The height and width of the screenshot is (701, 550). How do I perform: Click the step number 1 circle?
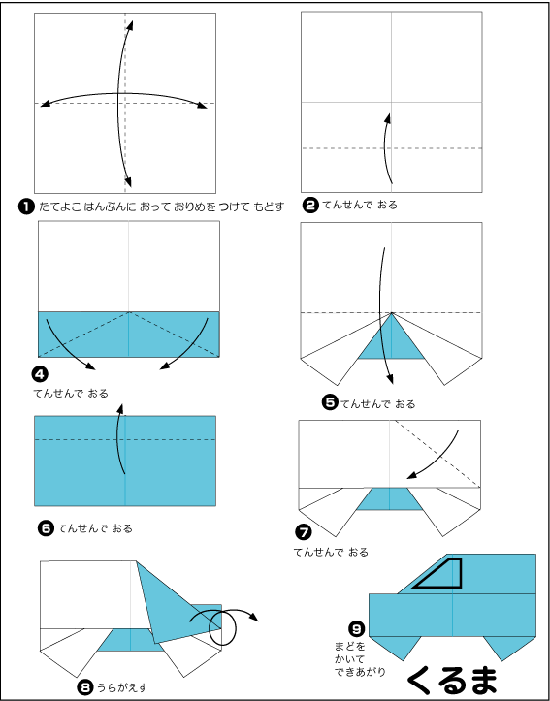[x=26, y=207]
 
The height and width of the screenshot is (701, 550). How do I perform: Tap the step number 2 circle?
[x=310, y=206]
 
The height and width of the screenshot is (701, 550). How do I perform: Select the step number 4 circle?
[x=39, y=373]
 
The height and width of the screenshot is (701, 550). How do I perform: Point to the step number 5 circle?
[x=329, y=403]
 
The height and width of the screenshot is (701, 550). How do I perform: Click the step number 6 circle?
[x=46, y=528]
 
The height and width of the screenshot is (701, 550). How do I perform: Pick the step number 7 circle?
[x=303, y=532]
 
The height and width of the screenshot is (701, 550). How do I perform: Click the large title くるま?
[x=453, y=681]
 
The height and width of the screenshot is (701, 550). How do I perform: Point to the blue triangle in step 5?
[x=391, y=339]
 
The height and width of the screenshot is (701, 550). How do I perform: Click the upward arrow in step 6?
[x=120, y=438]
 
